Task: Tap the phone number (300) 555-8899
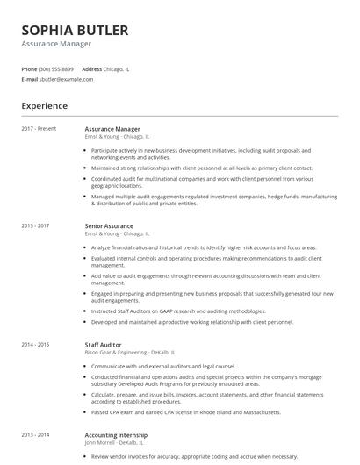tap(56, 68)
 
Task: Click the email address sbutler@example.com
tap(66, 79)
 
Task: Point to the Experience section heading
tap(44, 106)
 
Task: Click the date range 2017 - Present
tap(39, 129)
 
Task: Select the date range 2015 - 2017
tap(36, 226)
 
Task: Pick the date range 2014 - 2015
tap(36, 345)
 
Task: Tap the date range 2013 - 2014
tap(36, 434)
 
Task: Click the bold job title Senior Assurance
tap(109, 226)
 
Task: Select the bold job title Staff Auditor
tap(103, 345)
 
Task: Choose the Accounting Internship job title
tap(116, 434)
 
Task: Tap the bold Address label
tap(91, 68)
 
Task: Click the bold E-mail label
tap(29, 79)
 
